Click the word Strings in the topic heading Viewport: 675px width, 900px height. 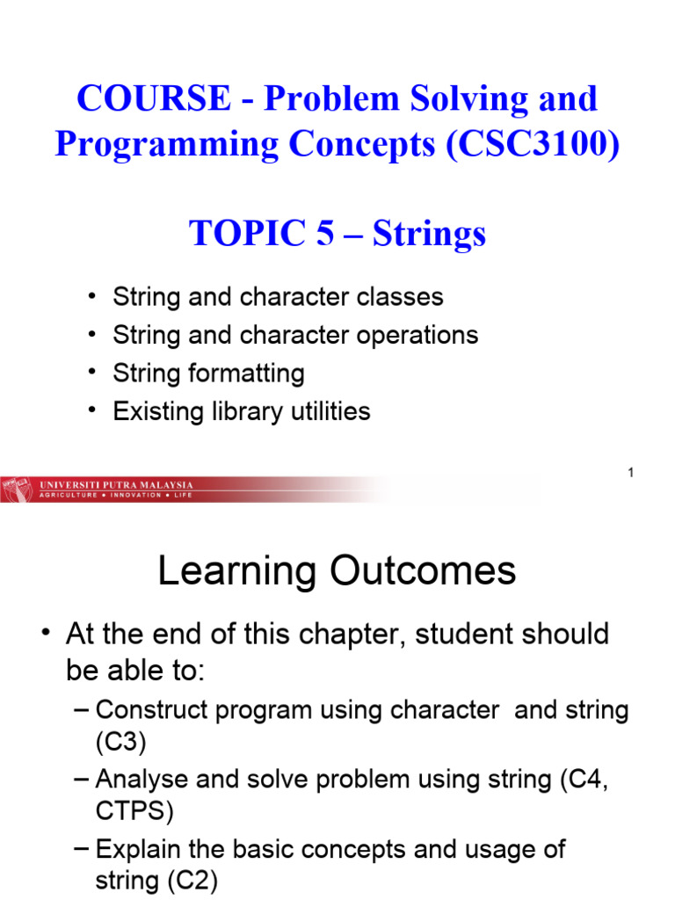coord(429,234)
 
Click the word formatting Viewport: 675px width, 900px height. coord(248,374)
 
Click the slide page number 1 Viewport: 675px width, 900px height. coord(630,474)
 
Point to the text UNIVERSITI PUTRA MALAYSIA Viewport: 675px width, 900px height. coord(117,485)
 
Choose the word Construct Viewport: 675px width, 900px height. coord(149,710)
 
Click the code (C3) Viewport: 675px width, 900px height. coord(120,743)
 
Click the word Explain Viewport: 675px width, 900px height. coord(136,849)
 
